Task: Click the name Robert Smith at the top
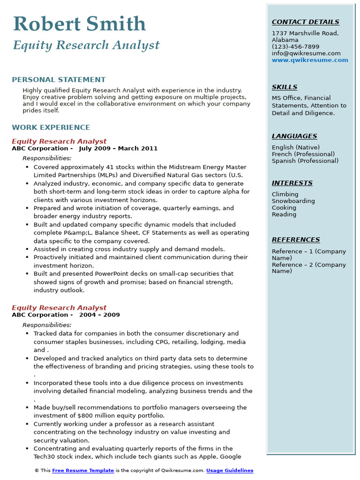[80, 24]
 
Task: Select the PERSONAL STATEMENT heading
[59, 80]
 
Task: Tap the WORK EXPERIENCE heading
[51, 127]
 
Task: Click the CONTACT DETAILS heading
[305, 22]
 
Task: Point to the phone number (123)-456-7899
[295, 47]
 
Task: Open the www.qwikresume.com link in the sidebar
[310, 60]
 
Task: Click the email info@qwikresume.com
[306, 53]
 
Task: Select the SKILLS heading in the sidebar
[284, 87]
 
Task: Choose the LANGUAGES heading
[294, 136]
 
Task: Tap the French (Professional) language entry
[303, 154]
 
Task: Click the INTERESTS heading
[292, 183]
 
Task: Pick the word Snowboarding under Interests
[293, 201]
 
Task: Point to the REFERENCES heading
[296, 240]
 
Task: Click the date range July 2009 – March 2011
[118, 149]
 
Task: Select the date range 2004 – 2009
[99, 315]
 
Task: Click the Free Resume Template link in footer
[83, 471]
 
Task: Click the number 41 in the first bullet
[97, 167]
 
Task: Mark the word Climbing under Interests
[285, 195]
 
